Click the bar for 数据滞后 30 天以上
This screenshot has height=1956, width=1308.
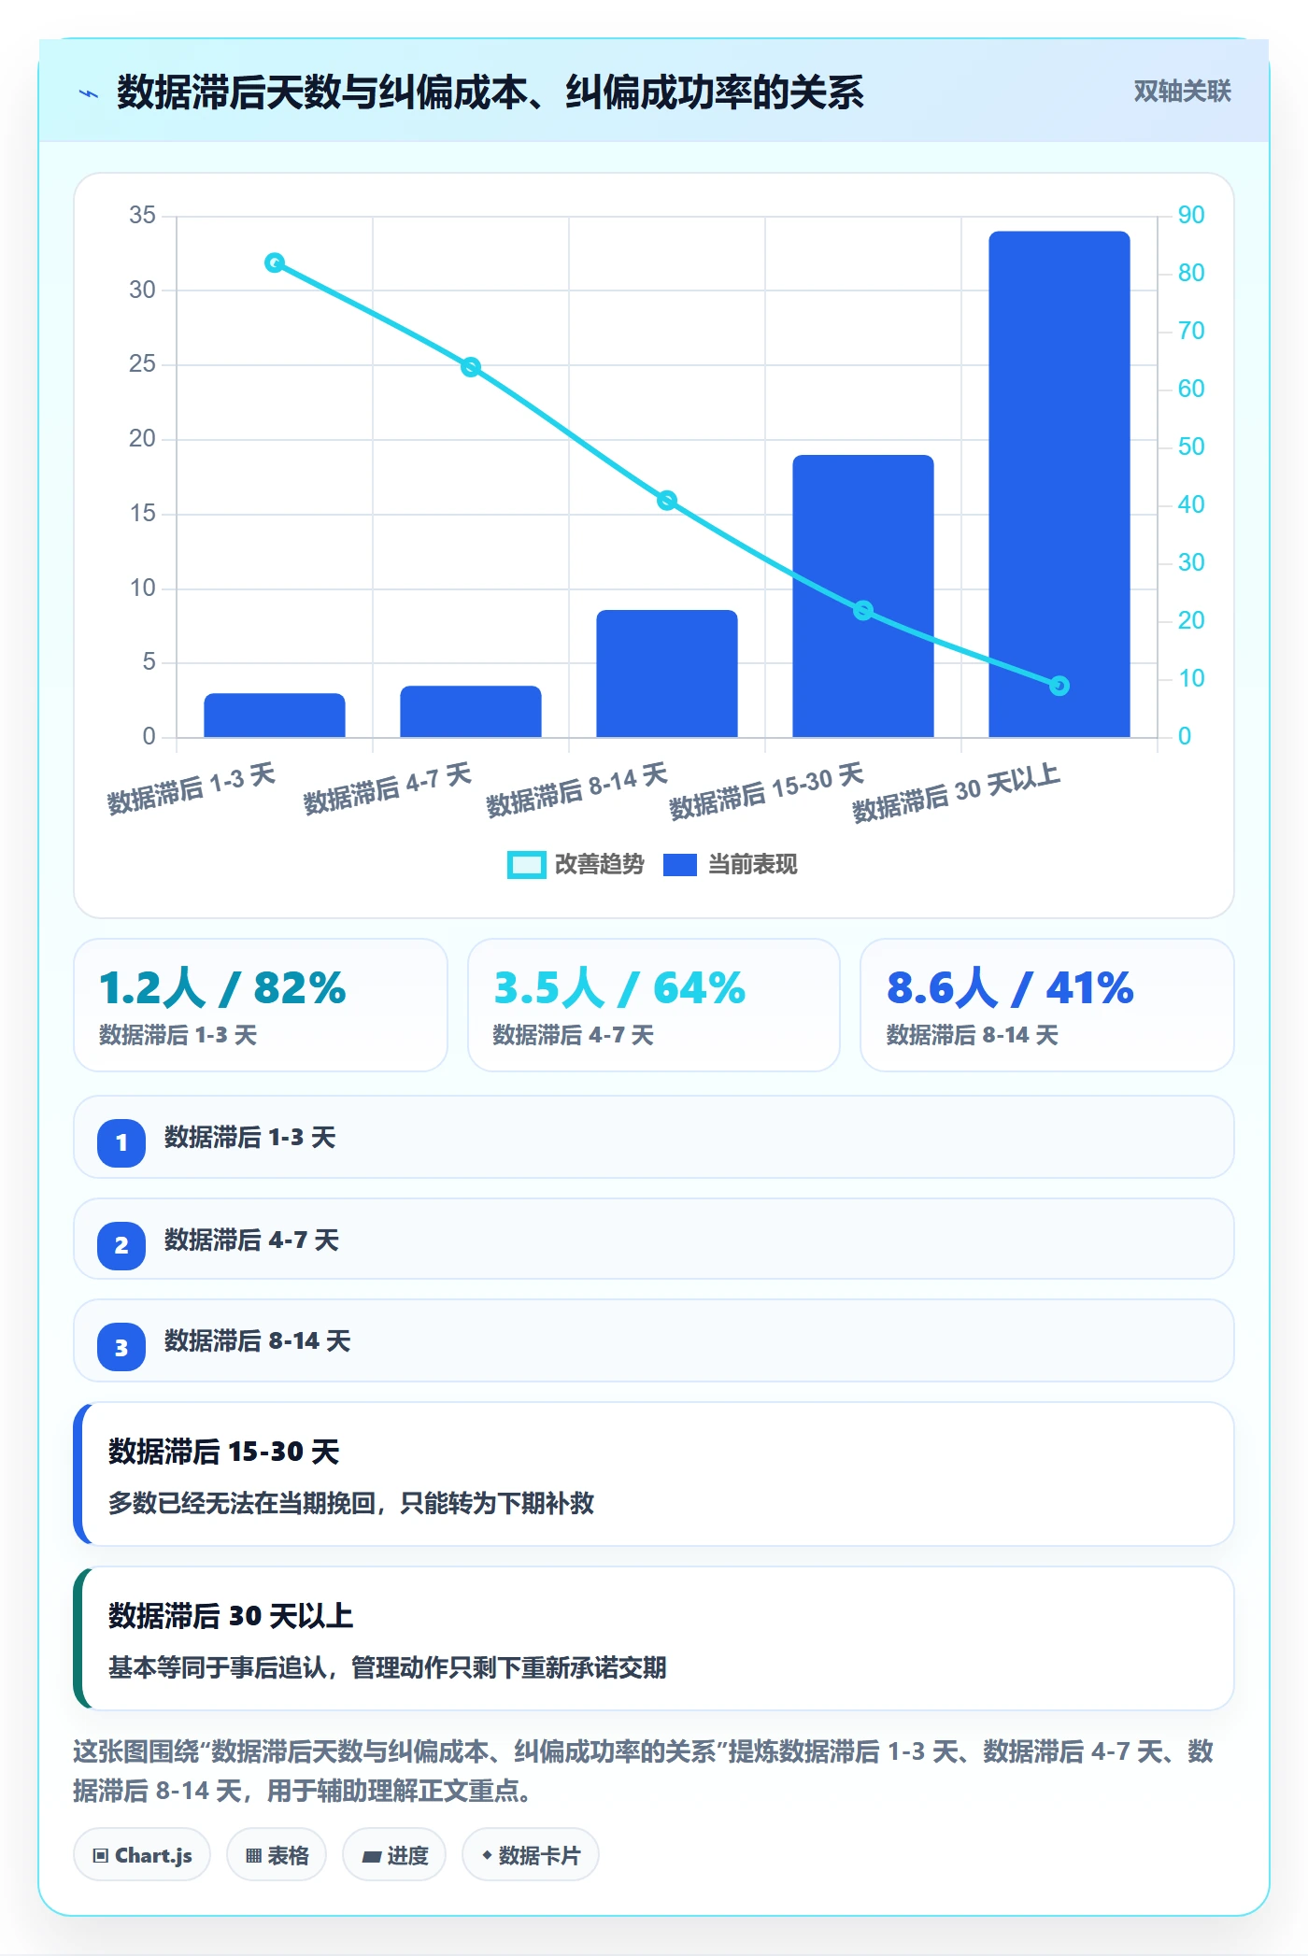pos(1059,484)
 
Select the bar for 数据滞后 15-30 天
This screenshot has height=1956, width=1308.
pos(862,596)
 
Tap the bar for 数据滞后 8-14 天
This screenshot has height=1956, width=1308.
pos(666,673)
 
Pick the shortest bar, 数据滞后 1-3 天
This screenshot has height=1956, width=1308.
pos(274,715)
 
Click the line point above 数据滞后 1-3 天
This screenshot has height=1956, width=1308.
pos(275,262)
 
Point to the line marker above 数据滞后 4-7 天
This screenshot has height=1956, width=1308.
pos(471,367)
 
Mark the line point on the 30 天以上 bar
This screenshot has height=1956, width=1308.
pos(1059,686)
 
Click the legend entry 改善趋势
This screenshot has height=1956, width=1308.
pos(576,865)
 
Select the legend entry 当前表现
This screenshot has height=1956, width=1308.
pos(731,865)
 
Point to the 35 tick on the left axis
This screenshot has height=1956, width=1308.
pos(142,215)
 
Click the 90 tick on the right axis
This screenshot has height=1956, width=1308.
pos(1191,215)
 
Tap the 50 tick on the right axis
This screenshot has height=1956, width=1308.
pos(1191,446)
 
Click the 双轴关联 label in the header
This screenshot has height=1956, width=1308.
pos(1182,91)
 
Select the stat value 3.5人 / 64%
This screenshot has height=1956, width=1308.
pos(619,987)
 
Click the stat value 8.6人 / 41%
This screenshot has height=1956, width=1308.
pos(1010,987)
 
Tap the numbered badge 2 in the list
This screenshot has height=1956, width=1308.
pos(121,1245)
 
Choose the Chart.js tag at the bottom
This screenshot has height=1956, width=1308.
pos(142,1855)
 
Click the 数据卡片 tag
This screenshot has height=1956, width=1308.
pos(531,1855)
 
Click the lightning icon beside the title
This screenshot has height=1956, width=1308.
pos(89,93)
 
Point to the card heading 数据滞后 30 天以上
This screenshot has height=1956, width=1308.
pos(231,1616)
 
